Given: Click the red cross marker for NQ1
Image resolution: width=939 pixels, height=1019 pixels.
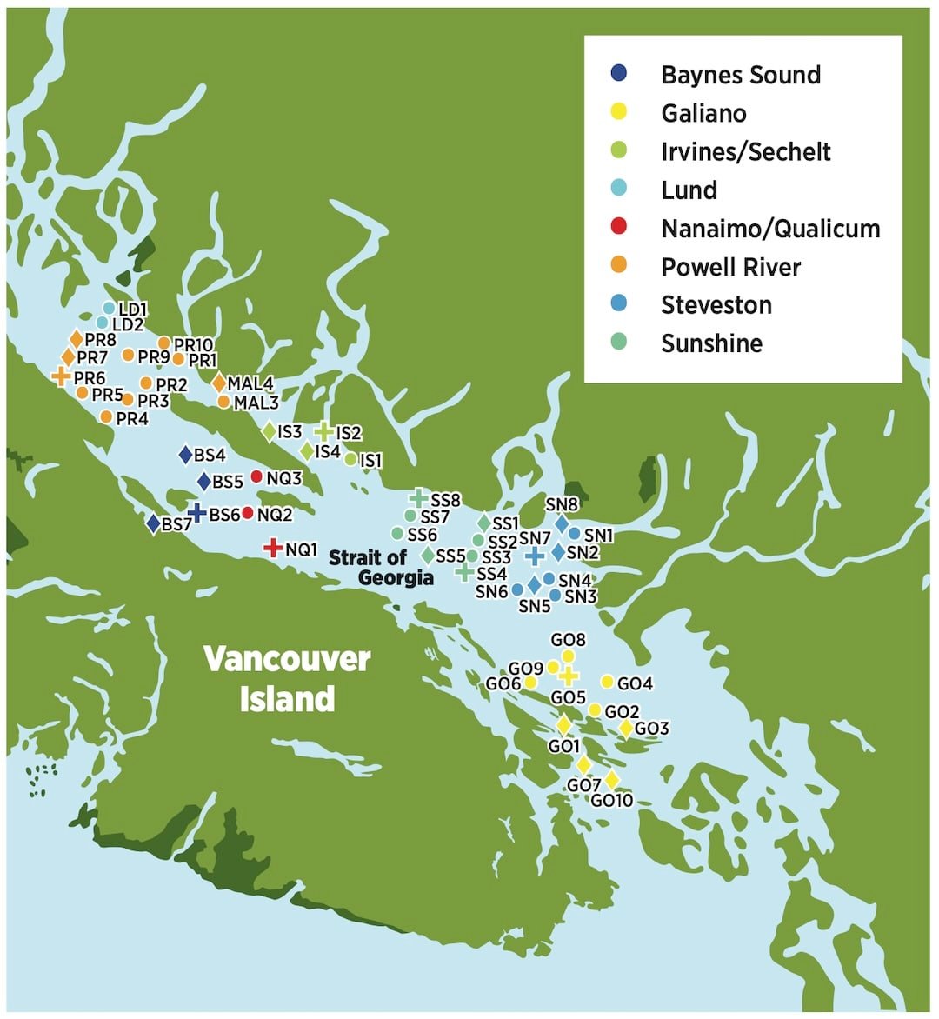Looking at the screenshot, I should coord(273,548).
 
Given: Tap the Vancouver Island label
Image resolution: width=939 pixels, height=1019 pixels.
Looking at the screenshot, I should coord(287,679).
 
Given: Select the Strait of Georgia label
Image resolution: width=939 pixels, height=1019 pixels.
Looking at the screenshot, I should coord(380,568).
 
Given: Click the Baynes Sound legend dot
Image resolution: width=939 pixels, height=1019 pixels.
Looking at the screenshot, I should coord(619,74).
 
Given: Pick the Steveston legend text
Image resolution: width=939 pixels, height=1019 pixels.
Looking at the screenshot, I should coord(716,305).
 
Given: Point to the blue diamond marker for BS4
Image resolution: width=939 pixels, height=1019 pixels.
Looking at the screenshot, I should coord(185,455).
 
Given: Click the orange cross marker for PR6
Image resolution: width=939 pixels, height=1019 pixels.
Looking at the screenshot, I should coord(61,376).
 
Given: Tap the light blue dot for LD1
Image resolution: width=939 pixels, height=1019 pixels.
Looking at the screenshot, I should coord(109,308).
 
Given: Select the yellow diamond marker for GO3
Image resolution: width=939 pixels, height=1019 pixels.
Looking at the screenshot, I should coord(625,729).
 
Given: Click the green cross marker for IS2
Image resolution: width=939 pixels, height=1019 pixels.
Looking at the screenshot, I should coord(323,430).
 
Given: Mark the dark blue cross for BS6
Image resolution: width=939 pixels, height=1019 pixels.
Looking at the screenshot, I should coord(197,513).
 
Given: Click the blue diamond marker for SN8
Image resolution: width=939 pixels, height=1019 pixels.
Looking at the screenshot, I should coord(562,523).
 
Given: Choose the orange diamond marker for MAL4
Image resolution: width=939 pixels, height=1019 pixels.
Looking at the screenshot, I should coord(219,383).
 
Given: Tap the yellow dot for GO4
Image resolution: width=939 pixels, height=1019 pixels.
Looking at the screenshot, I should coord(607,682).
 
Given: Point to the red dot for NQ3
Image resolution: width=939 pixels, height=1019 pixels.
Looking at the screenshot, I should coord(256,476).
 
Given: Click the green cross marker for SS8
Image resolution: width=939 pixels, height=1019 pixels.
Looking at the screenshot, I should coord(419,498).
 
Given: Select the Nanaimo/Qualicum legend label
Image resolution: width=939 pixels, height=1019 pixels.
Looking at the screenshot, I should coord(770,229).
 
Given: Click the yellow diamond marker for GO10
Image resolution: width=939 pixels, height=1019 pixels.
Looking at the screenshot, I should coord(612,780).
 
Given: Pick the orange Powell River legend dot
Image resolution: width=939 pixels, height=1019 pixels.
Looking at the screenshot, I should coord(619,266).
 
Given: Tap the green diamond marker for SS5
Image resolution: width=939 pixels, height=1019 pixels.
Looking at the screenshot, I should coord(428,555).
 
